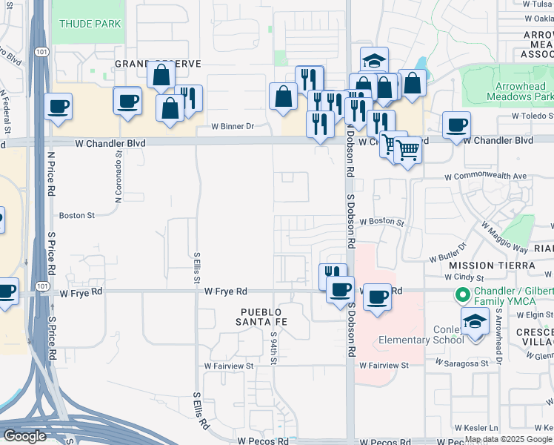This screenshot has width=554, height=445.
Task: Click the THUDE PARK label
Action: click(x=90, y=24)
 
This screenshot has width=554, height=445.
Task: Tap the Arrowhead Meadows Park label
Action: click(x=520, y=91)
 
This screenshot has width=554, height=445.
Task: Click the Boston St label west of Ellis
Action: click(x=78, y=216)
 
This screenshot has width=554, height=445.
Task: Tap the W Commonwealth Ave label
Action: click(x=486, y=177)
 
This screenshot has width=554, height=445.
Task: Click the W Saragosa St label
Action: click(x=462, y=363)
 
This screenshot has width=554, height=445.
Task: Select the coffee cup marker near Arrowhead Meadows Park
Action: click(x=457, y=125)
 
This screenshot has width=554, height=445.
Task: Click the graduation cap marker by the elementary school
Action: click(x=475, y=321)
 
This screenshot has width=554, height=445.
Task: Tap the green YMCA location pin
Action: click(x=463, y=295)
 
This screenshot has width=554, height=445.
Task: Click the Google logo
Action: click(x=24, y=436)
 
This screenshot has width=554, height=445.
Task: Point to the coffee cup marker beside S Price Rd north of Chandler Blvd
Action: click(x=58, y=106)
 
